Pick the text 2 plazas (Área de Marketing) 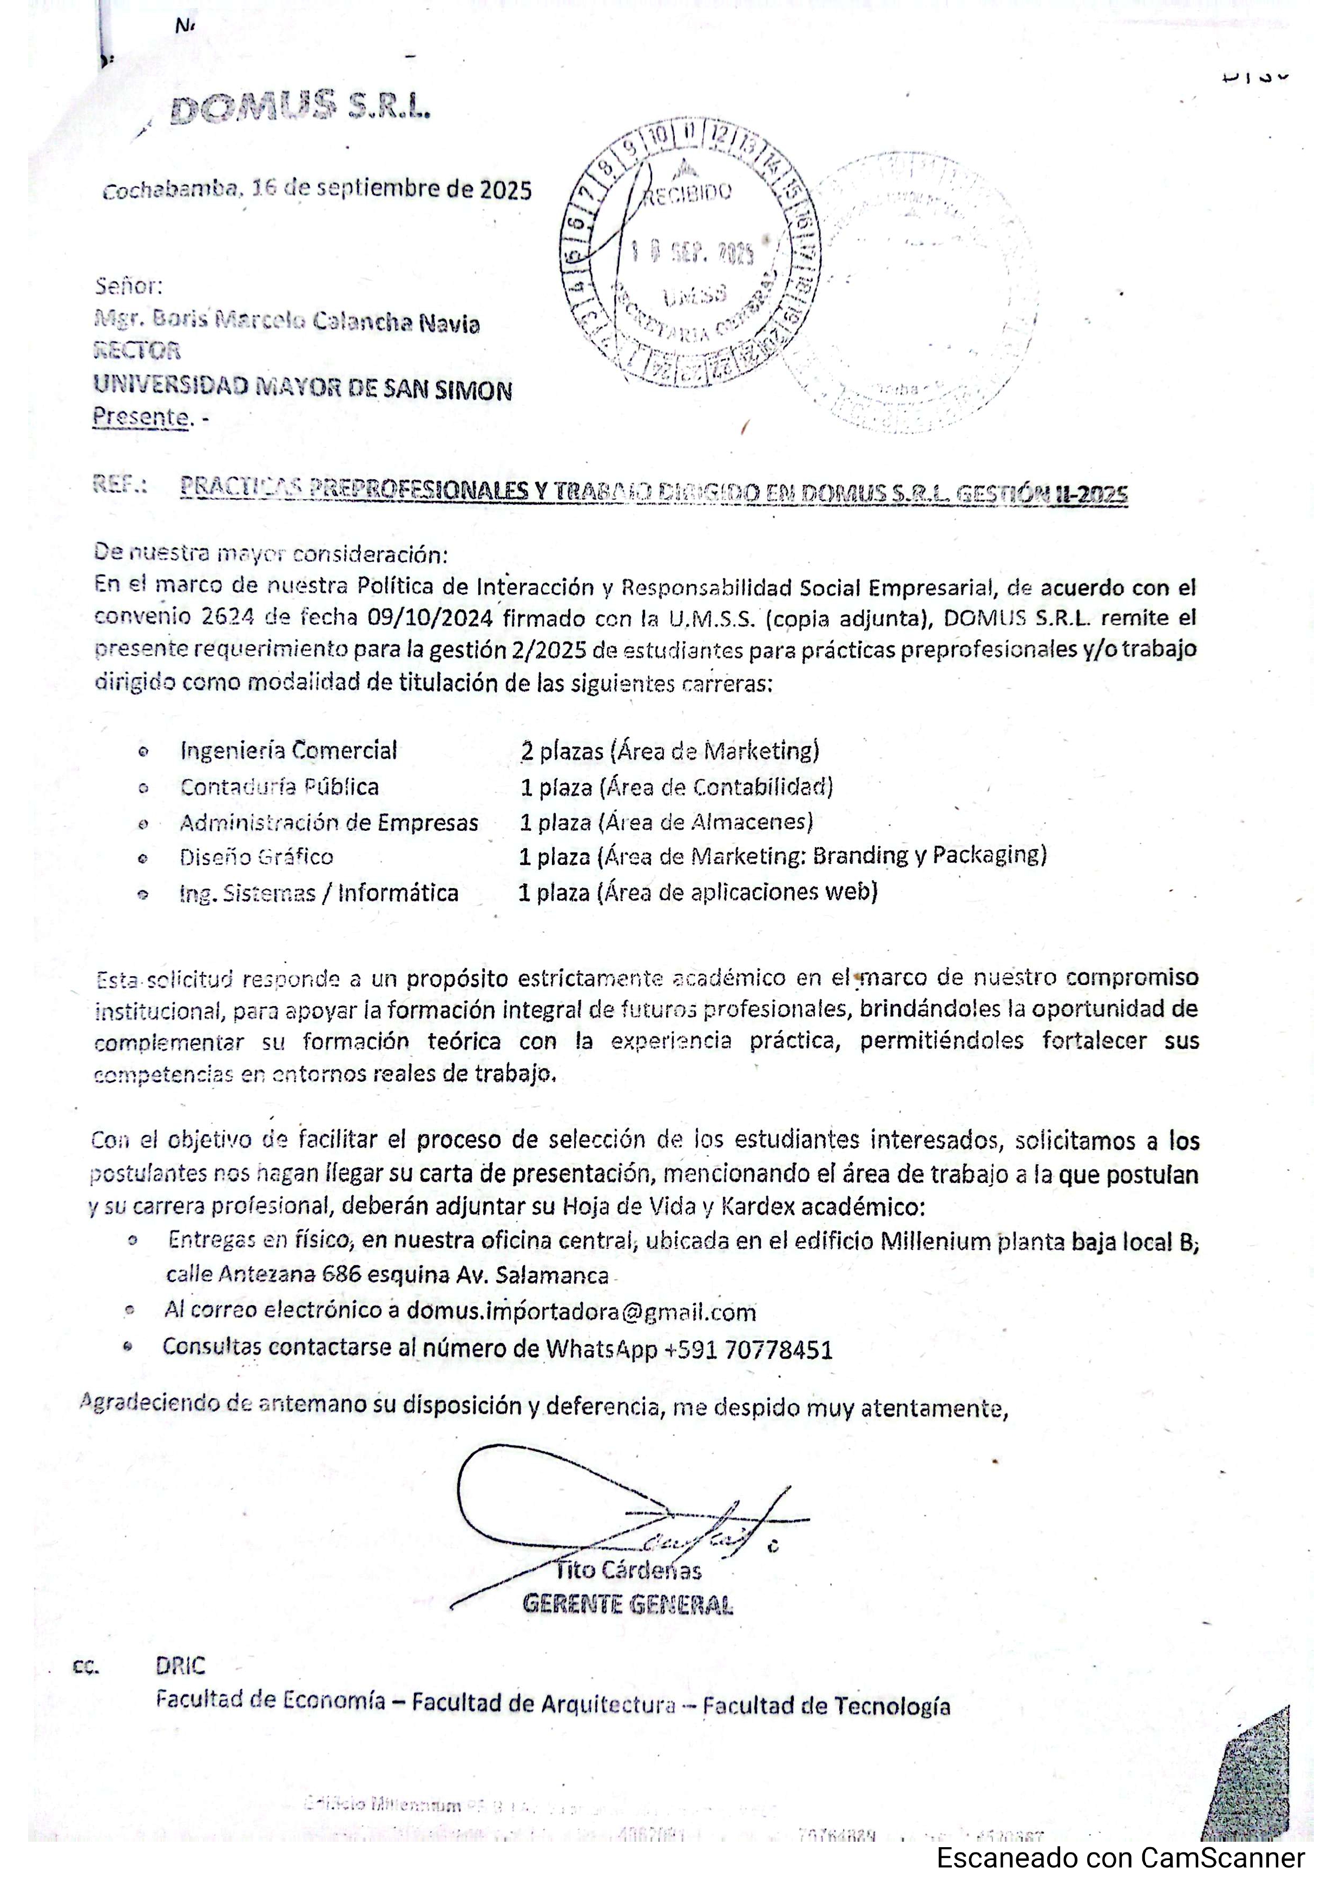670,751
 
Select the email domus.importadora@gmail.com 581,1311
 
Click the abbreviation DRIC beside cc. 180,1666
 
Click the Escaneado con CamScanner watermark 1120,1859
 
